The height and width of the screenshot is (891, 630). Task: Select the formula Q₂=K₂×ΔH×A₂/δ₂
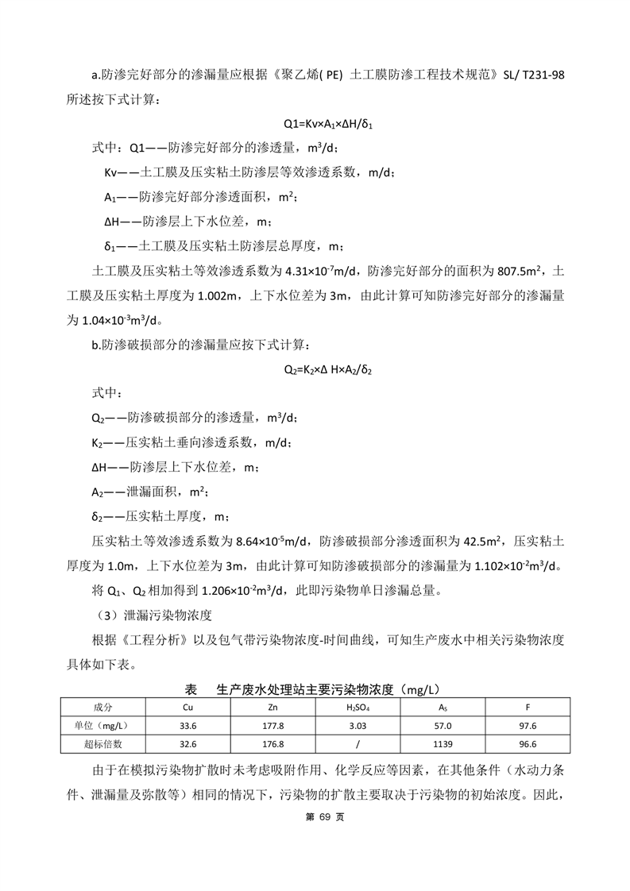pos(328,369)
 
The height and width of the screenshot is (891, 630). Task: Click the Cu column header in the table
pos(187,707)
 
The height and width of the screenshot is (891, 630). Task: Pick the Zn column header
pos(272,707)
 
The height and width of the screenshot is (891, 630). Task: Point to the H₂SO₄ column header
pos(358,707)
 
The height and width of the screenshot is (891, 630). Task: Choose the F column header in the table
pos(528,707)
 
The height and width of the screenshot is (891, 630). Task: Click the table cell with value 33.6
pos(187,726)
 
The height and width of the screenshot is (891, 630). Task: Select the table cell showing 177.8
pos(272,726)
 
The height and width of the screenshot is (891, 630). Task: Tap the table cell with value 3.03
pos(358,726)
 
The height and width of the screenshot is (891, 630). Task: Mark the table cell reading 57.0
pos(443,726)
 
